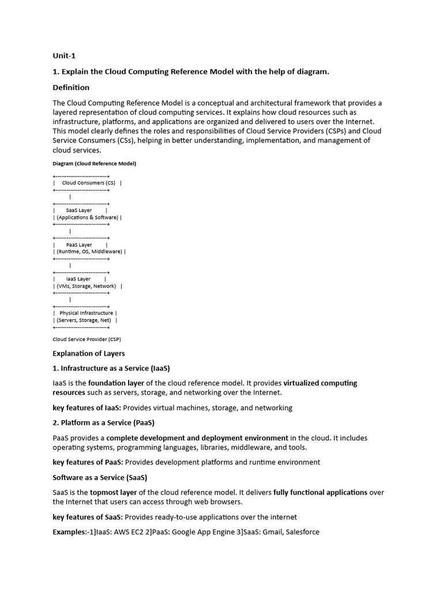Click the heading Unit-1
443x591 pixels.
point(63,56)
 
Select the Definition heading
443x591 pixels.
point(71,88)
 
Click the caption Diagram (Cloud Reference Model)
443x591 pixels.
point(94,163)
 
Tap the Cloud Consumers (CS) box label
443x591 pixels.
point(88,183)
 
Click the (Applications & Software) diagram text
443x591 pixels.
point(87,218)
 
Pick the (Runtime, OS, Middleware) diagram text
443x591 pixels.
point(89,252)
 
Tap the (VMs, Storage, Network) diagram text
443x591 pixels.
point(87,286)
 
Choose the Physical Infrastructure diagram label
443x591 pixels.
point(87,313)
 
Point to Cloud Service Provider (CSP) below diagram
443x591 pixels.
point(87,339)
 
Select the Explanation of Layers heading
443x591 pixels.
point(88,353)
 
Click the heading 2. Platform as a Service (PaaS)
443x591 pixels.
point(103,422)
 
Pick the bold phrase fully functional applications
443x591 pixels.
point(320,492)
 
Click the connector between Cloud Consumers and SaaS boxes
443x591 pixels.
point(70,197)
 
